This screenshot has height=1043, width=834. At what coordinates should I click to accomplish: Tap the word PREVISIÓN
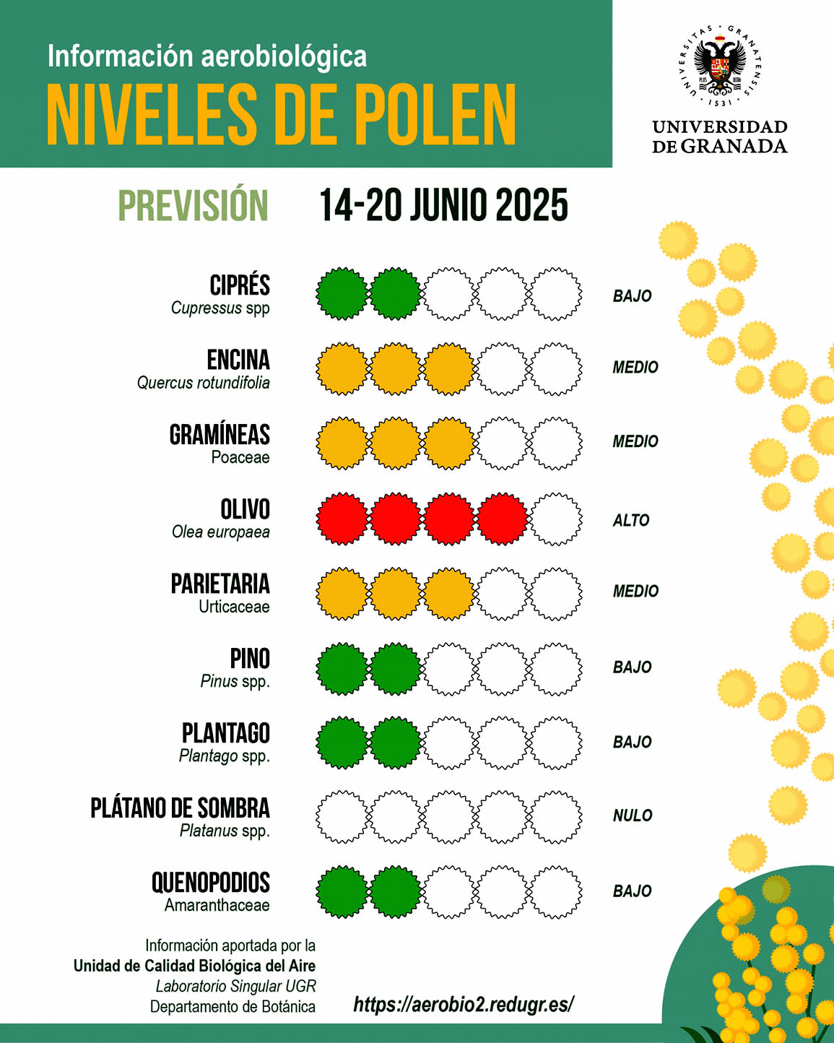tap(193, 205)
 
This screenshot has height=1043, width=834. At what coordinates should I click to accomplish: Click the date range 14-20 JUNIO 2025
tap(443, 205)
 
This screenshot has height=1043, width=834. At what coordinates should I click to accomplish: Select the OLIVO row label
tap(245, 509)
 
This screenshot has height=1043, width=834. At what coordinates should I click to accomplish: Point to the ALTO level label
tap(630, 520)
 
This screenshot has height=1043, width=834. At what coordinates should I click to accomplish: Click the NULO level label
tap(632, 815)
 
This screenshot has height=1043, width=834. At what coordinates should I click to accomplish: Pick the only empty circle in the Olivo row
tap(555, 519)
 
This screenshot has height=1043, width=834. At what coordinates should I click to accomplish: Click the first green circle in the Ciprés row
tap(342, 294)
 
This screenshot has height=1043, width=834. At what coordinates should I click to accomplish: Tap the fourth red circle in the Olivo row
tap(502, 519)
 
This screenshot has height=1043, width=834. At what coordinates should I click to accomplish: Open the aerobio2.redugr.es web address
tap(464, 1004)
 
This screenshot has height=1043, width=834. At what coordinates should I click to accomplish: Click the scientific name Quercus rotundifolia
tap(204, 383)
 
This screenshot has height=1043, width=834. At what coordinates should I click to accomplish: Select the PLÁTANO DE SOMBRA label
tap(180, 808)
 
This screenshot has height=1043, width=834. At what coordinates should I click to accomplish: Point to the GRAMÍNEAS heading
tap(220, 434)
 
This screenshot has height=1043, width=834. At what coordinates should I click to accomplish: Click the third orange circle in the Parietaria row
tap(448, 594)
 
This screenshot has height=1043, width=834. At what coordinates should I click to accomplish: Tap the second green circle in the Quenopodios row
tap(395, 892)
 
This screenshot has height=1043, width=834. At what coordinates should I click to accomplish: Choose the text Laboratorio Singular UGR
tap(235, 986)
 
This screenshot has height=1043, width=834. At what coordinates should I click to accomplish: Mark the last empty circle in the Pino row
tap(555, 669)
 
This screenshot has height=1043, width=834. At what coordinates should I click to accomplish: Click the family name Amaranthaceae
tap(217, 905)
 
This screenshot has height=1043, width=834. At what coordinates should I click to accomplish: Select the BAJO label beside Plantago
tap(632, 742)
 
